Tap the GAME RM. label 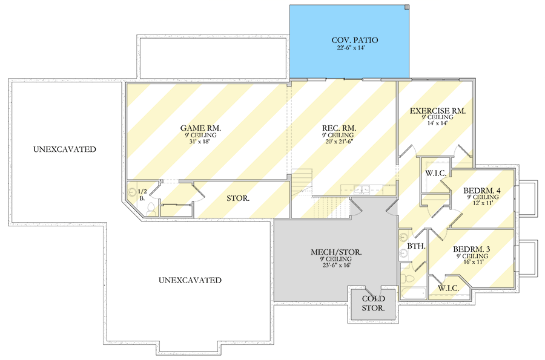(x=200, y=128)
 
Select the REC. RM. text (x=339, y=128)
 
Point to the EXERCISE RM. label (x=437, y=111)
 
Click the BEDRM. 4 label (x=481, y=191)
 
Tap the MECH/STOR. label (x=329, y=252)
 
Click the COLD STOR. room (x=373, y=303)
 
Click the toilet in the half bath (x=151, y=209)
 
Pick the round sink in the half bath (x=133, y=193)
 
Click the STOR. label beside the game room (x=239, y=198)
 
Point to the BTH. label (x=415, y=247)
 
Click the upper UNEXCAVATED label (x=65, y=149)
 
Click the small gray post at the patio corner (x=407, y=7)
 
